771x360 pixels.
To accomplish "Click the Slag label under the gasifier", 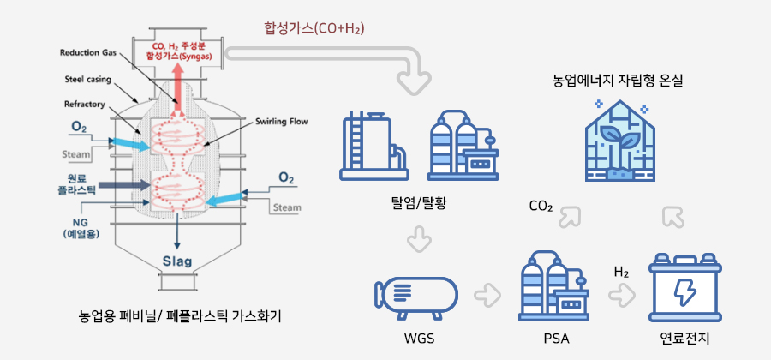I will tap(177, 261).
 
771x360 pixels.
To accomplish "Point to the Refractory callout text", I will tap(84, 105).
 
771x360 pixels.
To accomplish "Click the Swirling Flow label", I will tap(282, 122).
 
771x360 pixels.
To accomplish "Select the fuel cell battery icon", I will tap(683, 290).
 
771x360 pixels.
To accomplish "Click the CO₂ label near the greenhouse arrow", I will tap(541, 207).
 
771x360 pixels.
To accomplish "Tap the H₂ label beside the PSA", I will tap(622, 272).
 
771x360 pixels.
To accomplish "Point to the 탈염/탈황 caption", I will tap(418, 204).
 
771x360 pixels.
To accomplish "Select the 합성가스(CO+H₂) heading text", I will tap(314, 29).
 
